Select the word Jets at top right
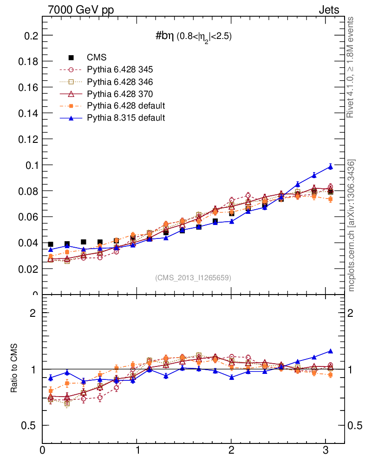pyautogui.click(x=328, y=10)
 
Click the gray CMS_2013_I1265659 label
pyautogui.click(x=193, y=278)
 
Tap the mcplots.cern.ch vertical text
pyautogui.click(x=352, y=225)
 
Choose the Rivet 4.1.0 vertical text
pyautogui.click(x=352, y=67)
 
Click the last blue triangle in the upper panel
pyautogui.click(x=331, y=167)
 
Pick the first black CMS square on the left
pyautogui.click(x=51, y=244)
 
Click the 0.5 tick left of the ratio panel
pyautogui.click(x=29, y=425)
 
